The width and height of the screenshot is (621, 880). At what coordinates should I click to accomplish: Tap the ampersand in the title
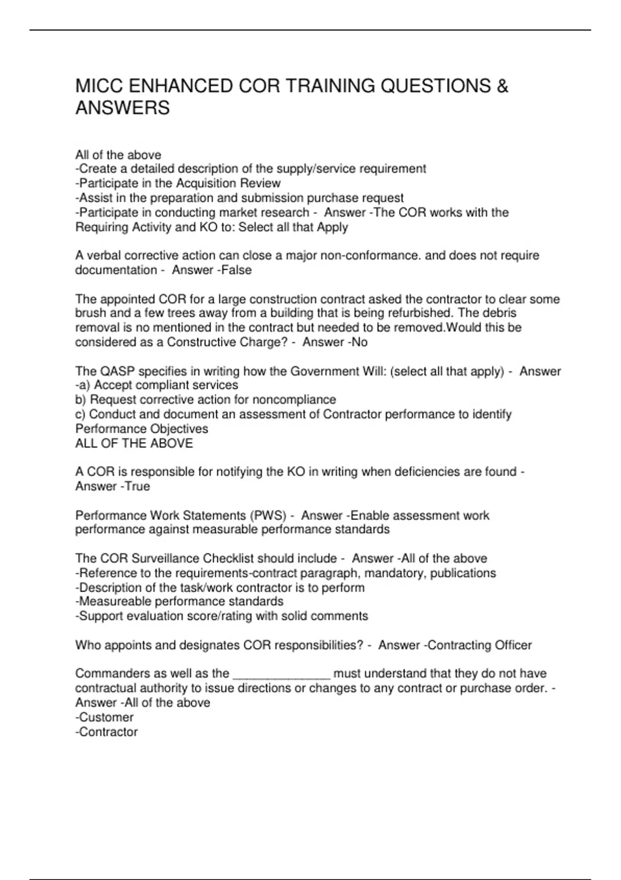coord(502,86)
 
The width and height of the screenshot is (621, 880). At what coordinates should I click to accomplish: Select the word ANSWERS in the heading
coord(123,108)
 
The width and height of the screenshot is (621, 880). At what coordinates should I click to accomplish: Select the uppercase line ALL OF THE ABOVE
coord(134,443)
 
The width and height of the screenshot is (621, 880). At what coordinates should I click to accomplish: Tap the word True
coord(137,486)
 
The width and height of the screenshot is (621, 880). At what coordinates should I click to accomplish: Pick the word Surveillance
coord(166,559)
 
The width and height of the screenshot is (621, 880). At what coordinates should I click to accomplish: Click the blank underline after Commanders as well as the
coord(282,674)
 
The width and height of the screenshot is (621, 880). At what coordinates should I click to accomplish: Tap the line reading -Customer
coord(105,717)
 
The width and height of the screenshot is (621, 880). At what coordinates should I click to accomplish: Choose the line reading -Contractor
coord(107,732)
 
